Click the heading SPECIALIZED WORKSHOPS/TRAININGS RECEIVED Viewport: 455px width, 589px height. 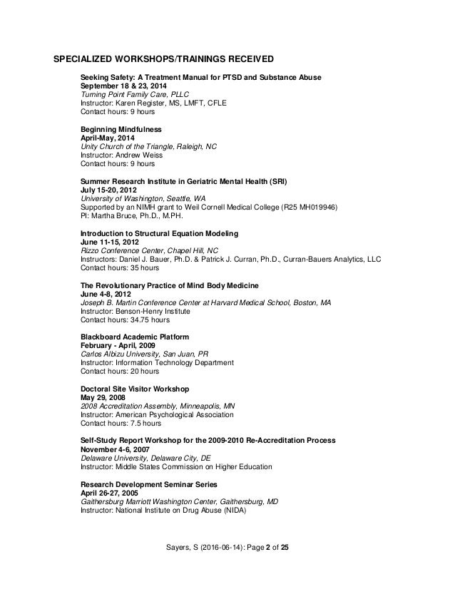[165, 58]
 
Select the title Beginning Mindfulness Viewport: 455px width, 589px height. [121, 129]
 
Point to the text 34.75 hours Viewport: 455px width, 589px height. [146, 320]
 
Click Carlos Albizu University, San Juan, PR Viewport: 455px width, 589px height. [150, 354]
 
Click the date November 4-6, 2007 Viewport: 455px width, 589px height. [115, 450]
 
